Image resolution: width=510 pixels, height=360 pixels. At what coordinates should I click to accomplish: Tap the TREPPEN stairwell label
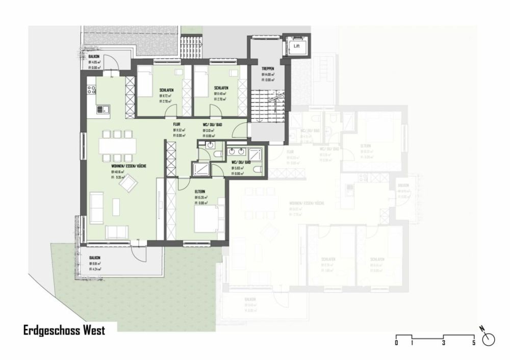click(x=268, y=68)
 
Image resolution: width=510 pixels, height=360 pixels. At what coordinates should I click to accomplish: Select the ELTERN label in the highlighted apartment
click(x=201, y=192)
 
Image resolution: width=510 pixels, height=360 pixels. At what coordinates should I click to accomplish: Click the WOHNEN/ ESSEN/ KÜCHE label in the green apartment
click(x=125, y=166)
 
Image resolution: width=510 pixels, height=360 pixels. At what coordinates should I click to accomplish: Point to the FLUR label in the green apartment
click(x=176, y=124)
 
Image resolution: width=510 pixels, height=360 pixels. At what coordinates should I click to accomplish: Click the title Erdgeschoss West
click(x=64, y=330)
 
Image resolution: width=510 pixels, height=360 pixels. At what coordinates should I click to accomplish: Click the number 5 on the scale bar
click(x=474, y=343)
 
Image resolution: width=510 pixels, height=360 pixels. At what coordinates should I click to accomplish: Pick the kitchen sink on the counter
click(x=103, y=109)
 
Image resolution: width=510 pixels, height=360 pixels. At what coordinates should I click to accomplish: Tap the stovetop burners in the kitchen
click(x=92, y=90)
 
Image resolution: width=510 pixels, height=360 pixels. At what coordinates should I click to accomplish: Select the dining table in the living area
click(x=118, y=146)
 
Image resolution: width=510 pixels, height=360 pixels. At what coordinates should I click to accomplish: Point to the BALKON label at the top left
click(x=95, y=57)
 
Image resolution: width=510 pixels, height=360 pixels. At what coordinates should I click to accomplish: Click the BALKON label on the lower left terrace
click(x=95, y=258)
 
